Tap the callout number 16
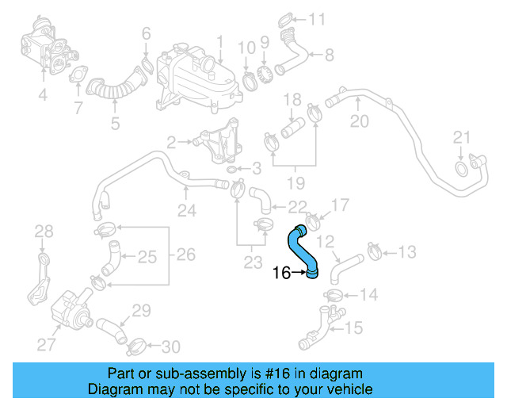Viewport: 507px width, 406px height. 281,274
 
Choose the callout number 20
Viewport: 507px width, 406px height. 360,121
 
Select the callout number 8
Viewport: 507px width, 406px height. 329,55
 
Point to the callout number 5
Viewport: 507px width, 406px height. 115,123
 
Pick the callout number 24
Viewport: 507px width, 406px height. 186,211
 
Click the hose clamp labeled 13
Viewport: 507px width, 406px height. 375,253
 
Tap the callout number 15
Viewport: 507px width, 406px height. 354,327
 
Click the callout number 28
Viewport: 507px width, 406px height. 44,232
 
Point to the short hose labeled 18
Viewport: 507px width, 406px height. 294,128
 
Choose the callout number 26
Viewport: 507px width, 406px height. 185,255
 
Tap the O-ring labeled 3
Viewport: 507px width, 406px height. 230,169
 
